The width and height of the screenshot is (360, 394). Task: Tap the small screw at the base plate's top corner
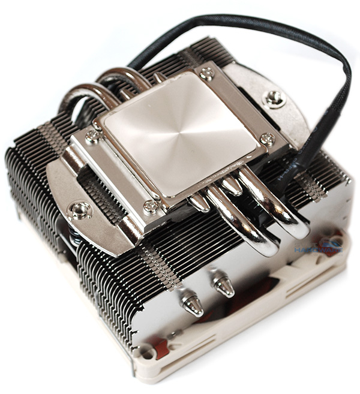(207, 74)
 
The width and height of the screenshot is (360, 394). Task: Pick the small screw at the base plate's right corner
(268, 139)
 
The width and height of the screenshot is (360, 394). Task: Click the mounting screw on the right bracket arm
(275, 97)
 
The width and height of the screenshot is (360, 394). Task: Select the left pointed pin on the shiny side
(192, 305)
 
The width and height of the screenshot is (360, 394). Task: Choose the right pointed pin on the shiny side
(224, 286)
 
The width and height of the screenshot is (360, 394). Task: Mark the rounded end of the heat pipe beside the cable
(297, 228)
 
